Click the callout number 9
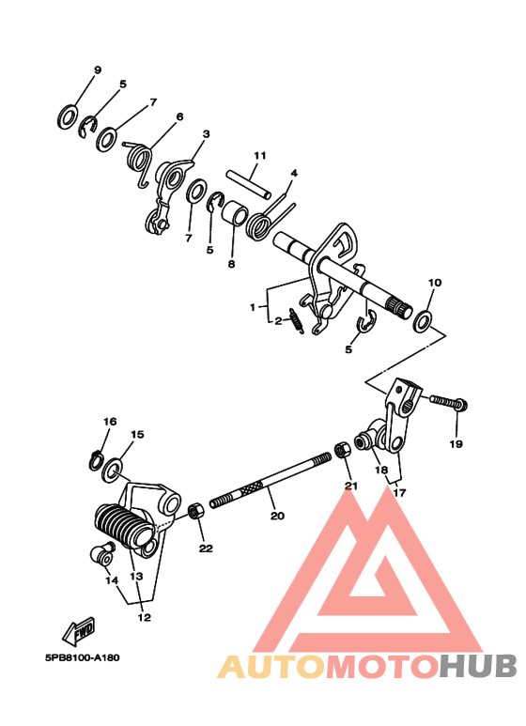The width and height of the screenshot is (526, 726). [97, 71]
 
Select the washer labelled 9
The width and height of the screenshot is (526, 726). [68, 116]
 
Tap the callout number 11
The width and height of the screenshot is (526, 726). [260, 155]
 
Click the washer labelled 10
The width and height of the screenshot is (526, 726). [423, 320]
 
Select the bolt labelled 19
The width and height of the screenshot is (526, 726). [448, 403]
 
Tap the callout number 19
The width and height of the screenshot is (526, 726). [456, 444]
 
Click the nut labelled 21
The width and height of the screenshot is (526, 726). [345, 451]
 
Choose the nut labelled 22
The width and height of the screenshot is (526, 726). [195, 513]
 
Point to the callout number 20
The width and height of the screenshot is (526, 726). [276, 516]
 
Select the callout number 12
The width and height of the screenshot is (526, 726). [144, 617]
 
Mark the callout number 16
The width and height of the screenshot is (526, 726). [110, 422]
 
